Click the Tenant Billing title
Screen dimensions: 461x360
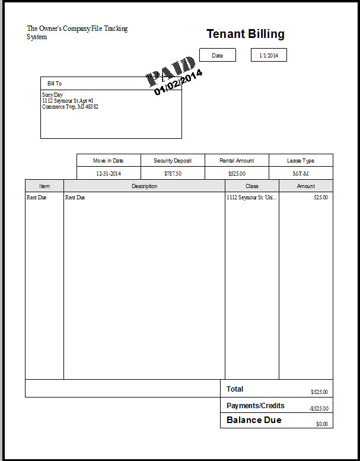pyautogui.click(x=245, y=34)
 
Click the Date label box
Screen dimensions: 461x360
pyautogui.click(x=217, y=55)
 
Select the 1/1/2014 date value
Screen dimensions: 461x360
pyautogui.click(x=269, y=55)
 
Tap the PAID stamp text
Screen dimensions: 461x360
pyautogui.click(x=171, y=69)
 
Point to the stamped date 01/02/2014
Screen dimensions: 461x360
pyautogui.click(x=179, y=82)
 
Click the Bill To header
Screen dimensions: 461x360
pyautogui.click(x=55, y=84)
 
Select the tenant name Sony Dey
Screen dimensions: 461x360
pyautogui.click(x=52, y=95)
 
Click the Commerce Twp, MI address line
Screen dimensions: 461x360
pyautogui.click(x=70, y=107)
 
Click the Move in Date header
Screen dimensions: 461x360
pyautogui.click(x=109, y=161)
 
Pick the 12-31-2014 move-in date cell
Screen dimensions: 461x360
pyautogui.click(x=109, y=174)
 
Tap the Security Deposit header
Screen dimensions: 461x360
pyautogui.click(x=173, y=161)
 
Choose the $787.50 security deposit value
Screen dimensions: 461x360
pyautogui.click(x=173, y=174)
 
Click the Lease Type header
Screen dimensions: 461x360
pyautogui.click(x=301, y=161)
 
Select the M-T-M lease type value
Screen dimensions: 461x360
pyautogui.click(x=301, y=174)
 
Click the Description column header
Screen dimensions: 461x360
pyautogui.click(x=144, y=186)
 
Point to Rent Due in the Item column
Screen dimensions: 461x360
pyautogui.click(x=36, y=198)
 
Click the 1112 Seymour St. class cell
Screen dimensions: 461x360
pyautogui.click(x=251, y=198)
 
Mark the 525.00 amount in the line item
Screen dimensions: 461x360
pyautogui.click(x=320, y=198)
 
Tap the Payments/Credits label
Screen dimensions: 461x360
pyautogui.click(x=256, y=406)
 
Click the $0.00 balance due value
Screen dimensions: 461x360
pyautogui.click(x=321, y=424)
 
